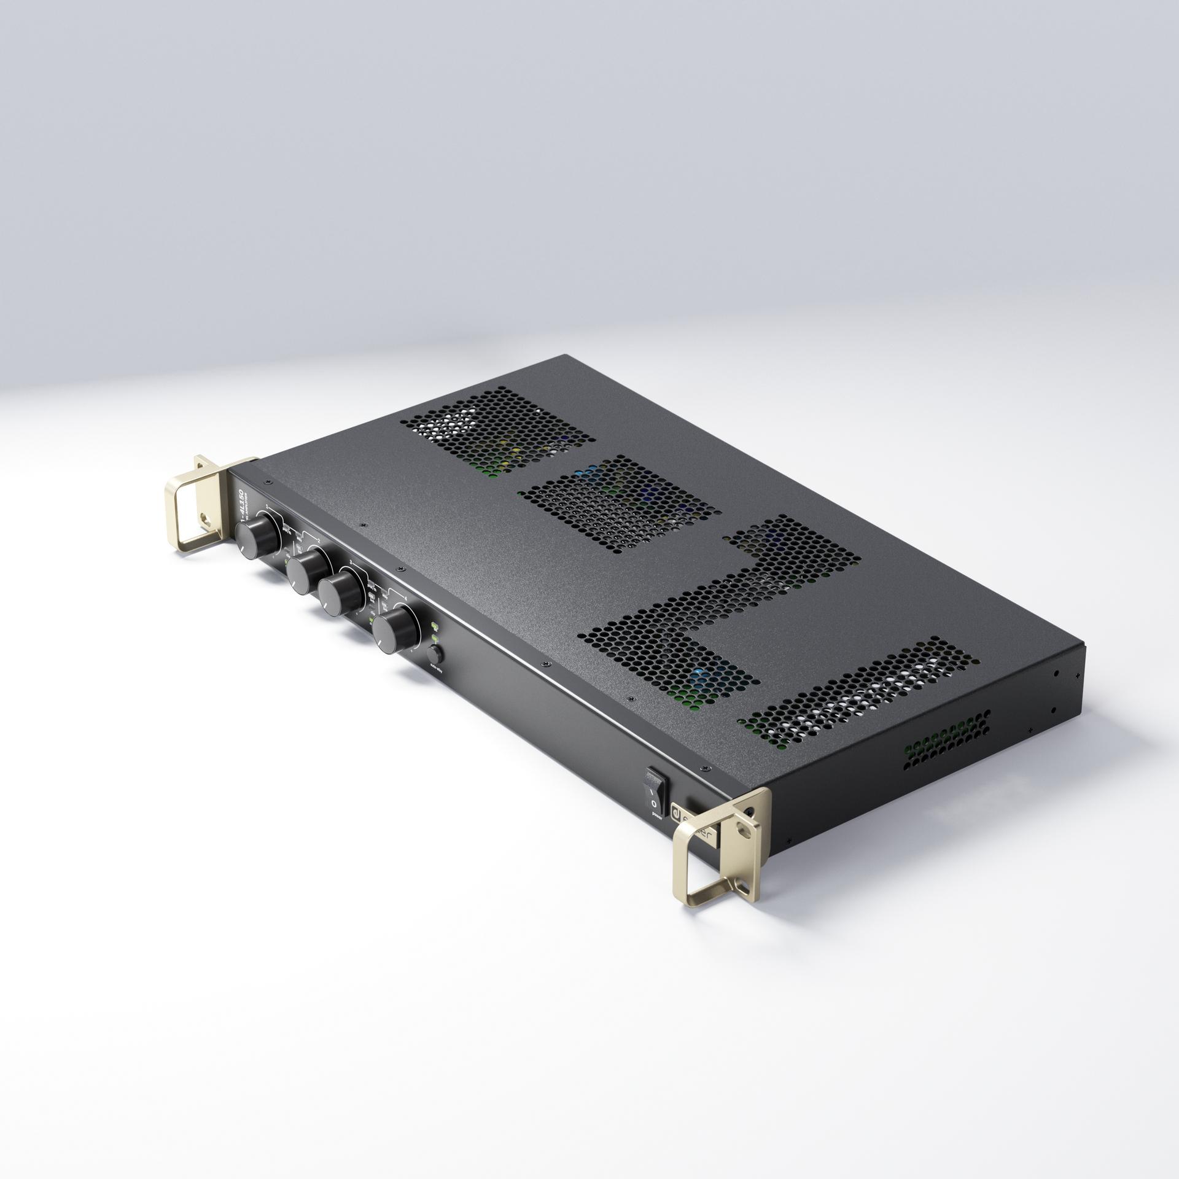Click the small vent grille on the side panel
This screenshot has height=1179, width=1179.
[x=946, y=743]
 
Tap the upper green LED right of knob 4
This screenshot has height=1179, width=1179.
[x=434, y=626]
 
